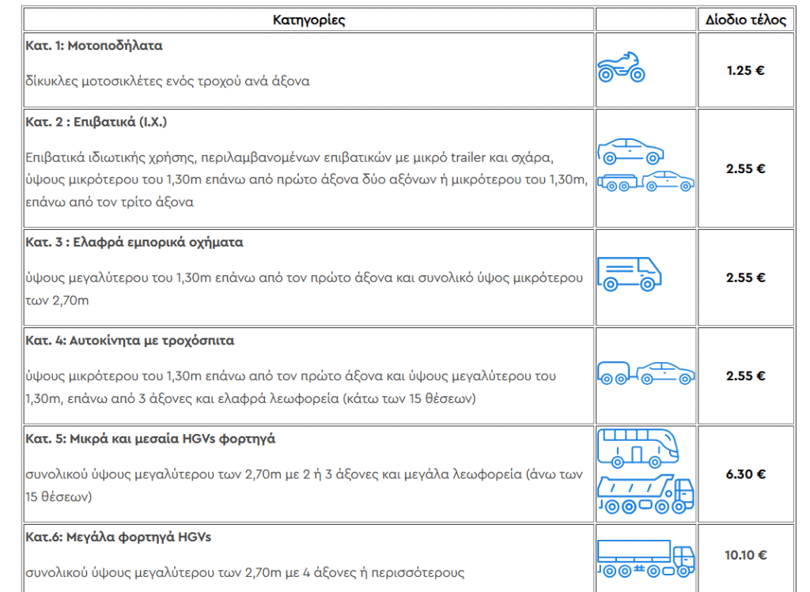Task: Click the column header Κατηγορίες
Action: (308, 20)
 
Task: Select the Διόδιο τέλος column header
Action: (746, 20)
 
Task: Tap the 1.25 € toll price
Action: (746, 70)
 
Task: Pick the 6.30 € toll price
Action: (746, 474)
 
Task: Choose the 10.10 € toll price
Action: (746, 555)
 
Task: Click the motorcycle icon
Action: (621, 68)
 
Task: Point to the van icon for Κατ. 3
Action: (629, 273)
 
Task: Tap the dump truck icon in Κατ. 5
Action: (645, 493)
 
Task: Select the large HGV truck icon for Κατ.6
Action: (645, 557)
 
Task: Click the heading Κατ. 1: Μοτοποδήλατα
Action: (94, 46)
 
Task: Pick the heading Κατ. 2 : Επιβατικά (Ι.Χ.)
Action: (96, 122)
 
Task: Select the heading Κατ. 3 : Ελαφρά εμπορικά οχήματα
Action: (134, 243)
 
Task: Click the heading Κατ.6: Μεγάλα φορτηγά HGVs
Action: (118, 537)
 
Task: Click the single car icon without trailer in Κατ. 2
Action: (630, 149)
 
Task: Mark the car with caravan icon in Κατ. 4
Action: (645, 373)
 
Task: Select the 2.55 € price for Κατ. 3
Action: (746, 277)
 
